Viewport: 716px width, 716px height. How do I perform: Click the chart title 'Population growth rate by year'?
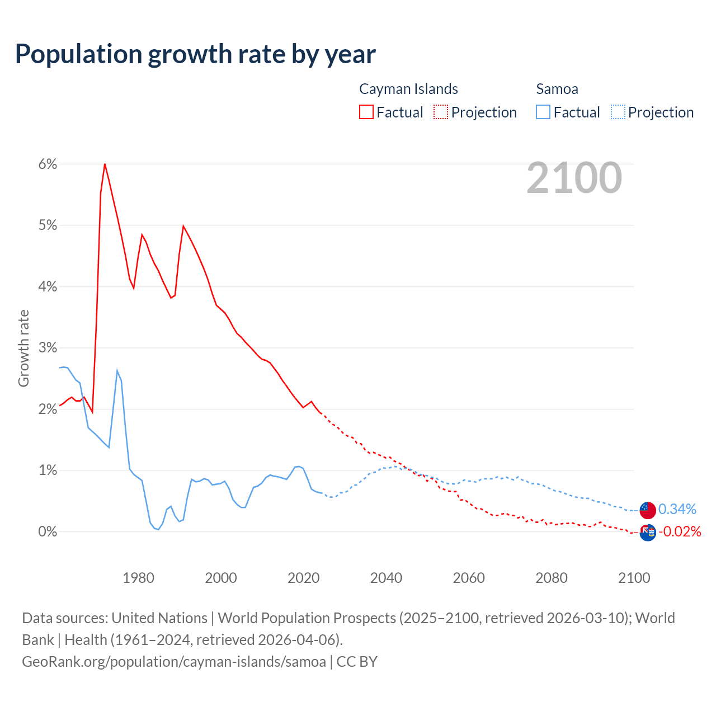[x=195, y=54]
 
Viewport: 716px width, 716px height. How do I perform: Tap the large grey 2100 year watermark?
[x=574, y=178]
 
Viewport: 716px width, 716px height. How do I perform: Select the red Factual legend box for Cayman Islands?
[x=366, y=112]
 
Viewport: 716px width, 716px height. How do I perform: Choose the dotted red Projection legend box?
[x=441, y=112]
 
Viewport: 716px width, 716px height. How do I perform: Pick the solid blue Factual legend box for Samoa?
[x=543, y=112]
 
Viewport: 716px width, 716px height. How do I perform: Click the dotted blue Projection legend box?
[x=618, y=112]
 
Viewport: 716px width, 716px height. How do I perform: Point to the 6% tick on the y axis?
[x=48, y=164]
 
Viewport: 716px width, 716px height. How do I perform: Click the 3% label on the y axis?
[x=48, y=348]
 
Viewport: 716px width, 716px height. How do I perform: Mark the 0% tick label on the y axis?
[x=48, y=531]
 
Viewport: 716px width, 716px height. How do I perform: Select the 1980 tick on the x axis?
[x=138, y=577]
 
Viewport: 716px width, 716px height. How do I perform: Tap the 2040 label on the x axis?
[x=386, y=577]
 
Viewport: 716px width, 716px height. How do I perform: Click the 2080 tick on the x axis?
[x=552, y=577]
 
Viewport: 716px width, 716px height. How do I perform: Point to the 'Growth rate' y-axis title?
[x=23, y=348]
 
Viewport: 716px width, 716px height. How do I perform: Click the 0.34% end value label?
[x=677, y=509]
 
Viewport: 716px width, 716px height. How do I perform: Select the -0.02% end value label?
[x=680, y=531]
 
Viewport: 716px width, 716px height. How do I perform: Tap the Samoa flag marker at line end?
[x=648, y=510]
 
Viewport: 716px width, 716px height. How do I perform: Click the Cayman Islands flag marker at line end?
[x=648, y=533]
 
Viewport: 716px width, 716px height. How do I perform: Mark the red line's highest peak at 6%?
[x=105, y=164]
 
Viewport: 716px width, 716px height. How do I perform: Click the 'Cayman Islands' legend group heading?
[x=408, y=89]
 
